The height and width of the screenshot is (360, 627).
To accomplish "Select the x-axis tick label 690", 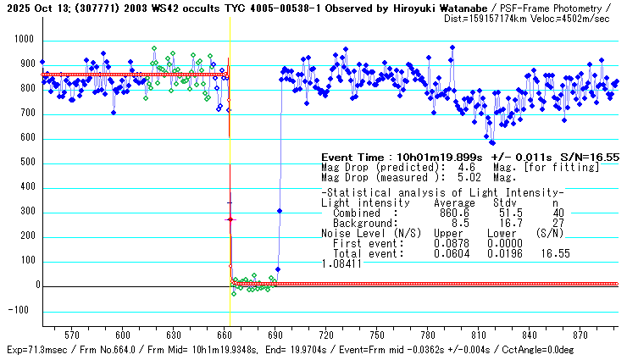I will point(275,334).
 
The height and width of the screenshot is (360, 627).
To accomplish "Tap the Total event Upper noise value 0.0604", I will point(451,252).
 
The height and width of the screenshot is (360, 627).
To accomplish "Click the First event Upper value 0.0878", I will point(451,243).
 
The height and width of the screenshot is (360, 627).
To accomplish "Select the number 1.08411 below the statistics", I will point(340,263).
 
